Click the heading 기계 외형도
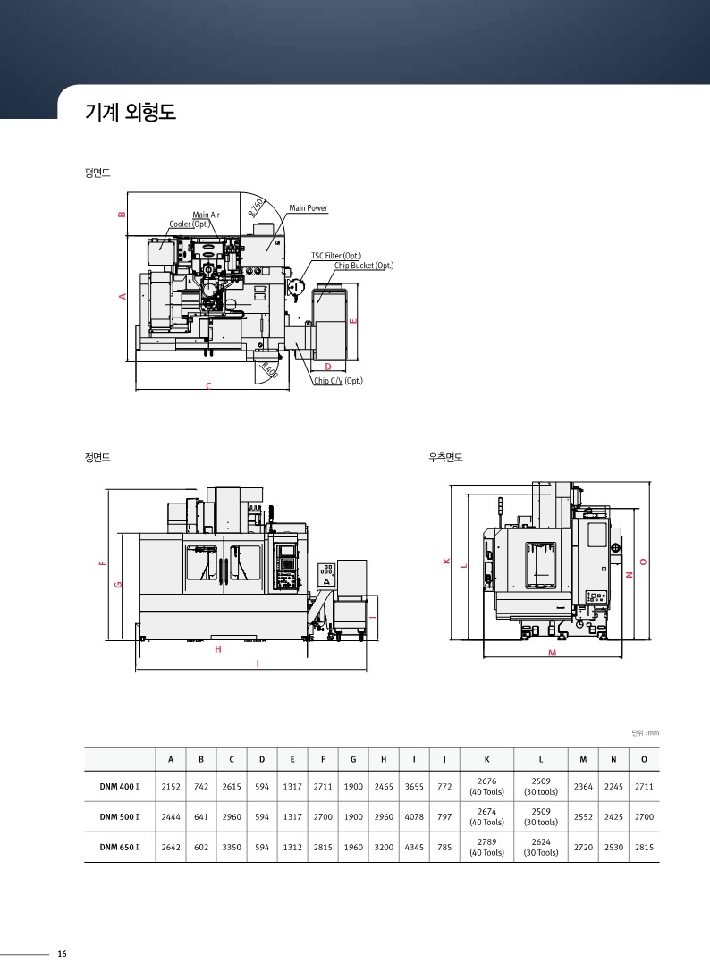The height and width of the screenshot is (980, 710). click(130, 112)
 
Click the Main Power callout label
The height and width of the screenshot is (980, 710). click(309, 208)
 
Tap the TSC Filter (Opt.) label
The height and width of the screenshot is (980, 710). click(336, 256)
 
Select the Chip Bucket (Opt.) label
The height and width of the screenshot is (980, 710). click(364, 266)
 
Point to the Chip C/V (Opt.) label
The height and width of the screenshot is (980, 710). click(338, 381)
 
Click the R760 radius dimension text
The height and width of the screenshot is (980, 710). click(258, 207)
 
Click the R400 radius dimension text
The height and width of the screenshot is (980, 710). click(270, 370)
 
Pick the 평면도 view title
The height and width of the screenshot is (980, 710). click(97, 173)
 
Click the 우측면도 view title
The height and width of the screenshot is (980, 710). click(445, 458)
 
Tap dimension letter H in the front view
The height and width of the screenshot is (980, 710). click(218, 649)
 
